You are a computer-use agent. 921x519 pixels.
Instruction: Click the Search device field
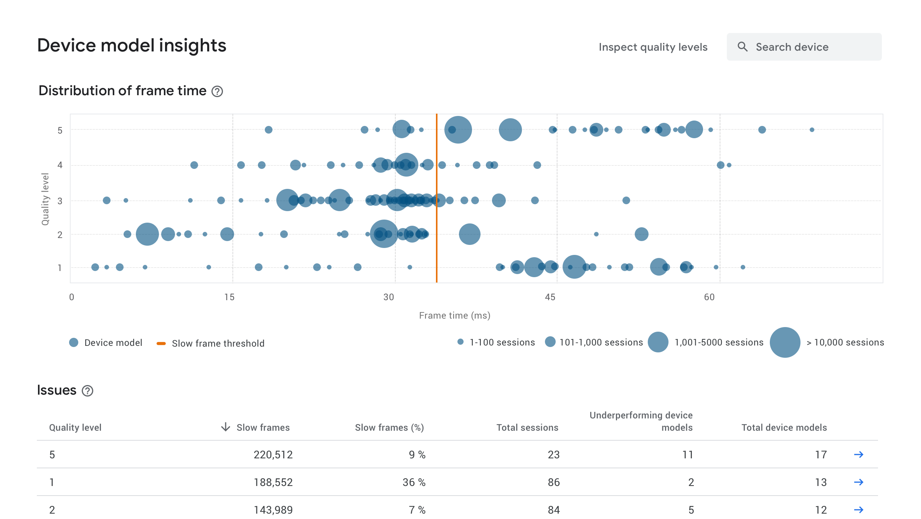pos(804,47)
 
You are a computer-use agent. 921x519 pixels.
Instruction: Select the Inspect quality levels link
pos(653,47)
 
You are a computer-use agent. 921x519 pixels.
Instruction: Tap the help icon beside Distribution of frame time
pos(217,91)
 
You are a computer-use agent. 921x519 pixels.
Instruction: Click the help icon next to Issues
pos(87,391)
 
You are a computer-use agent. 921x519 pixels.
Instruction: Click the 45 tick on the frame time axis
pos(550,297)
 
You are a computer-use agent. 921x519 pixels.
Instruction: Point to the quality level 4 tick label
pos(60,165)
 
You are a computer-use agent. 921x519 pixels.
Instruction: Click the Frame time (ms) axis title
pos(454,316)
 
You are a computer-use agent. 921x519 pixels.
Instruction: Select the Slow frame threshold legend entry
pos(218,343)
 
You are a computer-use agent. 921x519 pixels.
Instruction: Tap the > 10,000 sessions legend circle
pos(785,342)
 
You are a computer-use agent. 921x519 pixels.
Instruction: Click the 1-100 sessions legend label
pos(502,342)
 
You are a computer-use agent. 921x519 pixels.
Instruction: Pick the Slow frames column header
pos(263,427)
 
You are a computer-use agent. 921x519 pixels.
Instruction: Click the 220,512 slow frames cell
pos(273,455)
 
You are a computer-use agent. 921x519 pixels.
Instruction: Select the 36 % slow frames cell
pos(414,482)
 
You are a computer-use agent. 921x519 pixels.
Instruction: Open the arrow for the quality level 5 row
pos(858,455)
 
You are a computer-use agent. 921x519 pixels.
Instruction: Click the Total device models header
pos(784,427)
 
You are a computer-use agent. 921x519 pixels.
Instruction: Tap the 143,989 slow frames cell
pos(273,510)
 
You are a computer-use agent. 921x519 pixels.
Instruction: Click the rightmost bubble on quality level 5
pos(812,130)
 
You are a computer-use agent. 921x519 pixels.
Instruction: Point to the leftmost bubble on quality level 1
pos(95,267)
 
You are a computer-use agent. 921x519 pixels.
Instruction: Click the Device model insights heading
pos(132,45)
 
